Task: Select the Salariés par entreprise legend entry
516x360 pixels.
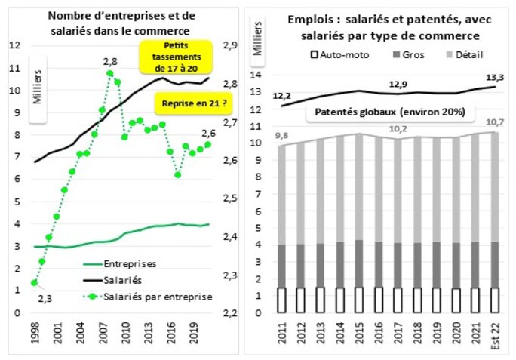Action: tap(158, 296)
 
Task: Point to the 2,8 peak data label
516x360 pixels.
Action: tap(111, 61)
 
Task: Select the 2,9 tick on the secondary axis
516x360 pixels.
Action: tap(232, 45)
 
